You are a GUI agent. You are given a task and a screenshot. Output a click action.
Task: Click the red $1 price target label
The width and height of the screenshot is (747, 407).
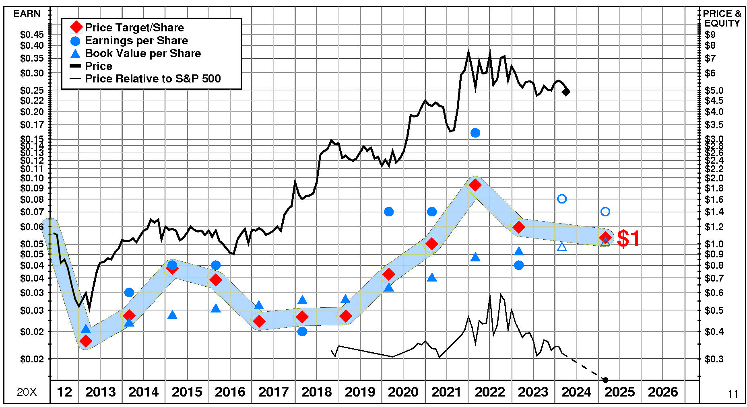click(628, 238)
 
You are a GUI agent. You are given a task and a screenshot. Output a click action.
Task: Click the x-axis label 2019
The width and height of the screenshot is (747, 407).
click(360, 392)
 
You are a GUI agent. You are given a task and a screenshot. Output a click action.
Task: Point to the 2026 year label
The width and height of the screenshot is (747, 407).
click(663, 392)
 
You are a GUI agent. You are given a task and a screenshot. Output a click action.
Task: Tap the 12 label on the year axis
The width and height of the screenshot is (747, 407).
click(64, 392)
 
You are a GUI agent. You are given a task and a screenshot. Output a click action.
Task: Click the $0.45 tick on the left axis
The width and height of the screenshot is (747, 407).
click(32, 35)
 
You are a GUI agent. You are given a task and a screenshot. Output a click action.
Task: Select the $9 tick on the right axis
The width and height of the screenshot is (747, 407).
click(710, 35)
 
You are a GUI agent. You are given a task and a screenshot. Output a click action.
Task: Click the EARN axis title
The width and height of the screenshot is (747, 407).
click(27, 14)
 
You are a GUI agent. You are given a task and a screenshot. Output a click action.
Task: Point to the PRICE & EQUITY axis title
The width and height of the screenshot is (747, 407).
click(722, 18)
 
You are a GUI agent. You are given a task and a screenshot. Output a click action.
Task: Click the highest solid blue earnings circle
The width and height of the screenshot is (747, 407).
click(475, 133)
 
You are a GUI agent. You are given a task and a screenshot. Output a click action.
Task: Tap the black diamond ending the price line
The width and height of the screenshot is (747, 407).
click(566, 92)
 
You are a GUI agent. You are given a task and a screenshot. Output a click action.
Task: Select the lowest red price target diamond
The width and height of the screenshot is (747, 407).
click(85, 341)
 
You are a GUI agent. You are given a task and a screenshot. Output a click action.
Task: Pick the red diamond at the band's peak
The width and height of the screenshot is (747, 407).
click(475, 185)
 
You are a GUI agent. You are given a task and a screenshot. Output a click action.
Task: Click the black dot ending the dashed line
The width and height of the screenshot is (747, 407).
click(605, 380)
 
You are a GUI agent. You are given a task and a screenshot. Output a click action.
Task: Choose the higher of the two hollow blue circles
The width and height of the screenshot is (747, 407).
click(562, 199)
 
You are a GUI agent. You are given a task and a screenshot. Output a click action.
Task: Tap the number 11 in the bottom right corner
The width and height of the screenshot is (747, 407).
click(733, 394)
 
